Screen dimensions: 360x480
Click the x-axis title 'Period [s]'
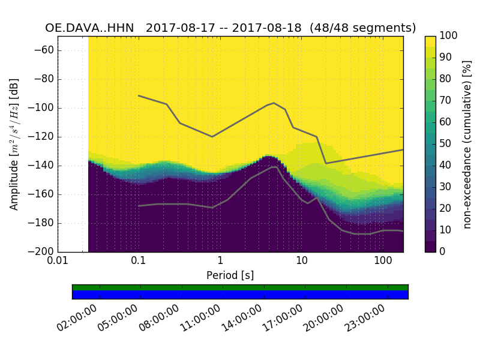point(230,275)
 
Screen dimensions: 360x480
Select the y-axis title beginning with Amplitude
point(14,144)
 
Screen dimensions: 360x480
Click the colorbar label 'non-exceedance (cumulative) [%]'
point(468,144)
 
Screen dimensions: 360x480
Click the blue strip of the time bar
point(240,295)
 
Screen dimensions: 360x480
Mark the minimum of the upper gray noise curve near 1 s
point(212,136)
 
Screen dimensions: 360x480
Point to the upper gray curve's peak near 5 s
point(274,103)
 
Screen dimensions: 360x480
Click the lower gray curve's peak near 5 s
point(275,167)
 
